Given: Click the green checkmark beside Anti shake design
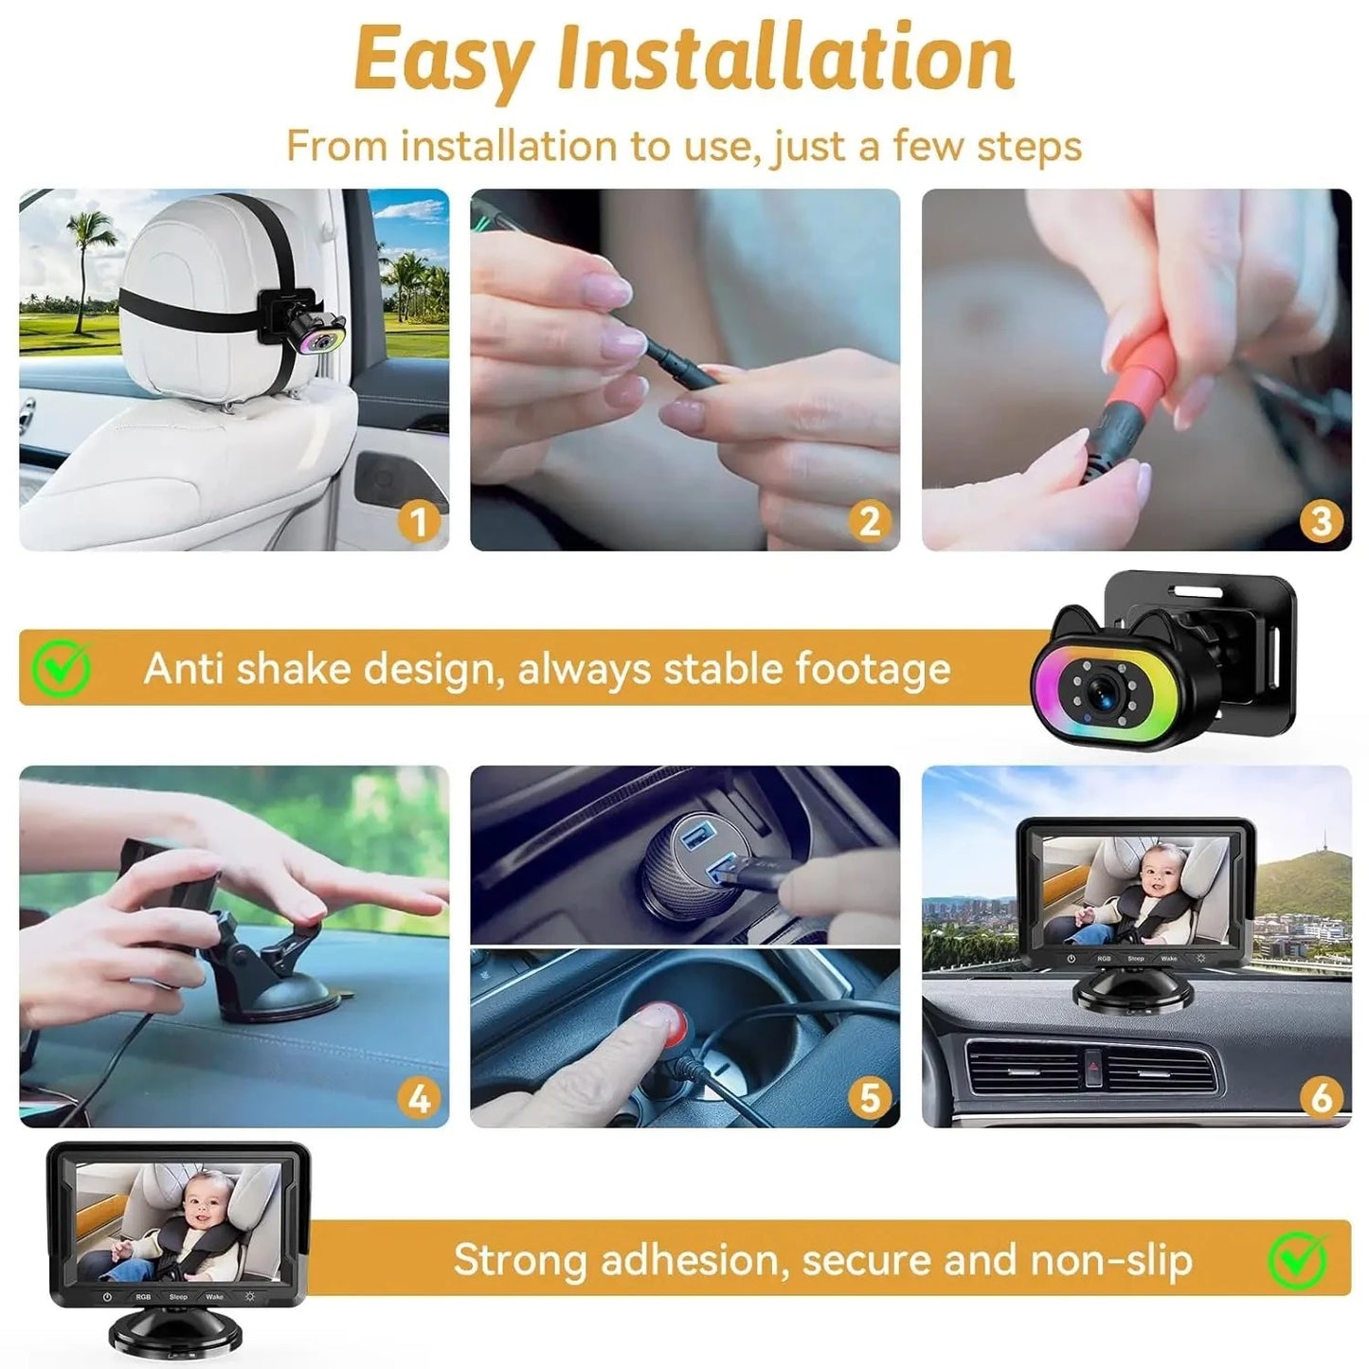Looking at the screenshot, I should [62, 668].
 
